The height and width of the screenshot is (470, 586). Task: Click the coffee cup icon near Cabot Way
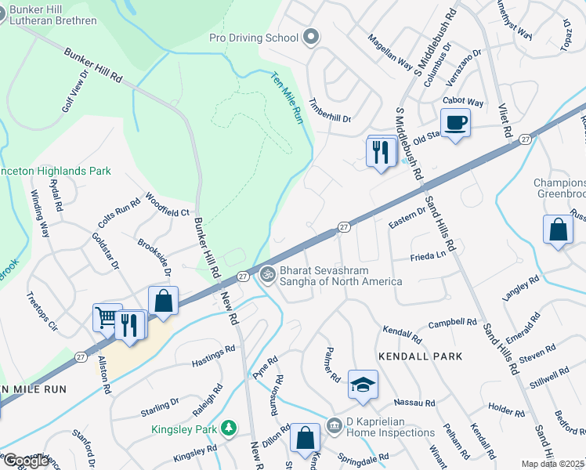pos(455,123)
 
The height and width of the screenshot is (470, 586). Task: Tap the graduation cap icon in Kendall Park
pos(363,385)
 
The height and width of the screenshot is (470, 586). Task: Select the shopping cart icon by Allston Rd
pos(107,318)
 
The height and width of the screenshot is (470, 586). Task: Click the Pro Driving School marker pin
pos(311,37)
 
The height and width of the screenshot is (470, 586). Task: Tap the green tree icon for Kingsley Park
pos(228,428)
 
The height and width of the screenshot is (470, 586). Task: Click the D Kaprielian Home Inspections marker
pos(332,422)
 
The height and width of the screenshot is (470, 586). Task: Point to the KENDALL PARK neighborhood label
pos(420,356)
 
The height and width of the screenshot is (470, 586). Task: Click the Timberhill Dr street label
pos(330,110)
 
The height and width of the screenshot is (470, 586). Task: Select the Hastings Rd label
pos(213,359)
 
